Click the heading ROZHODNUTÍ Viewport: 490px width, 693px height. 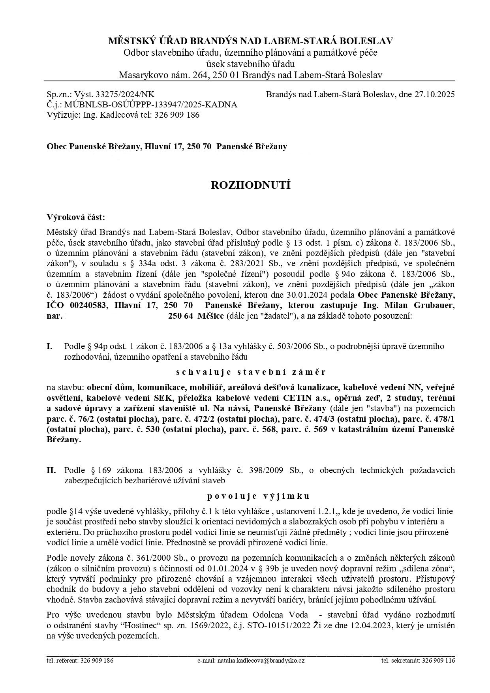pos(251,185)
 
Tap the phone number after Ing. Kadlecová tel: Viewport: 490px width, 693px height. pos(176,115)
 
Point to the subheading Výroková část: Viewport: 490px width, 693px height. pos(76,217)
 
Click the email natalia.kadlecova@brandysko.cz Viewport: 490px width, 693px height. pos(261,660)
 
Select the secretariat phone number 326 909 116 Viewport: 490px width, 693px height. pos(438,660)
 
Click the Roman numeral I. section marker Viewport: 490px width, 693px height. pos(50,346)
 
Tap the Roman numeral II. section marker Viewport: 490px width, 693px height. pos(51,470)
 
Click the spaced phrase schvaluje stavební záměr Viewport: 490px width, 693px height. pos(251,372)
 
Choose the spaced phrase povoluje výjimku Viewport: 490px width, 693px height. pos(259,496)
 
